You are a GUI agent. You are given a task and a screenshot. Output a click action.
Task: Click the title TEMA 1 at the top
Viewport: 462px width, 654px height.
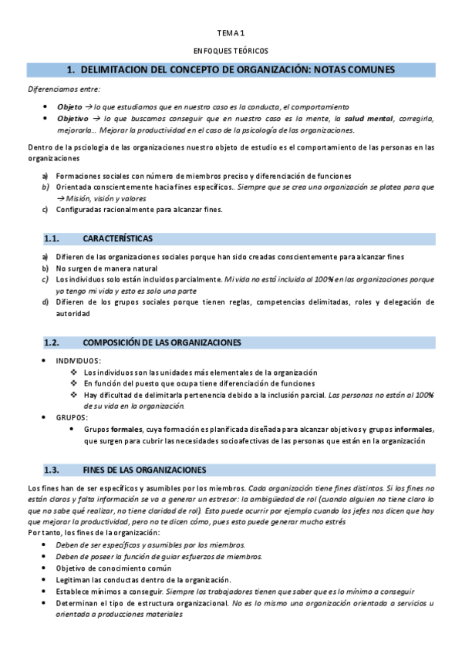[230, 33]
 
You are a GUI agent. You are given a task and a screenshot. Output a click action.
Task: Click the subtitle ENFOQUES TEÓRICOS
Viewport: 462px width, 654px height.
[230, 50]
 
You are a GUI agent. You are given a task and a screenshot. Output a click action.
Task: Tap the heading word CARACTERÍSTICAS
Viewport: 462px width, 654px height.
[117, 238]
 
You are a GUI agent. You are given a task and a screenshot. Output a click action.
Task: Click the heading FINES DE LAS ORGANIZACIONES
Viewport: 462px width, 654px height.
[143, 470]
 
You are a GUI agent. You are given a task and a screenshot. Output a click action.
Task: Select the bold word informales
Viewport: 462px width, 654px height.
[413, 429]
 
